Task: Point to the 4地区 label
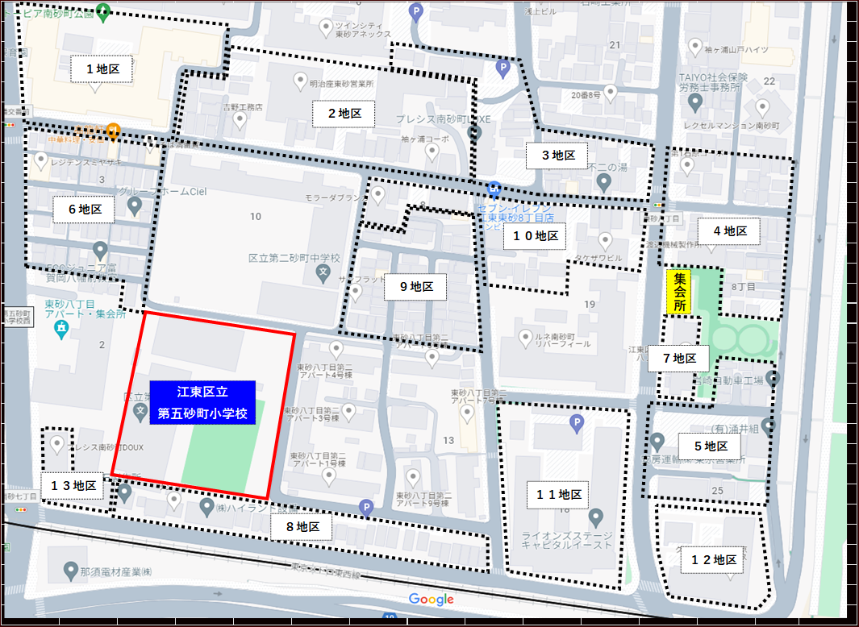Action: click(729, 231)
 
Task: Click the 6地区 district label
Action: click(84, 210)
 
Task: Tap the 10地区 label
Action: click(536, 236)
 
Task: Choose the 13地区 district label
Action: click(73, 486)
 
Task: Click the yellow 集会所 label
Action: click(680, 292)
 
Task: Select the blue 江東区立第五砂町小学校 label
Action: click(202, 403)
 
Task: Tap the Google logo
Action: click(431, 599)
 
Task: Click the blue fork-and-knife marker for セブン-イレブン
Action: click(494, 190)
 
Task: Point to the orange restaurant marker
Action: click(114, 129)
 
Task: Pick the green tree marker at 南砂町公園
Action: click(102, 11)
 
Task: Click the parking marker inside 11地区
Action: click(576, 421)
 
